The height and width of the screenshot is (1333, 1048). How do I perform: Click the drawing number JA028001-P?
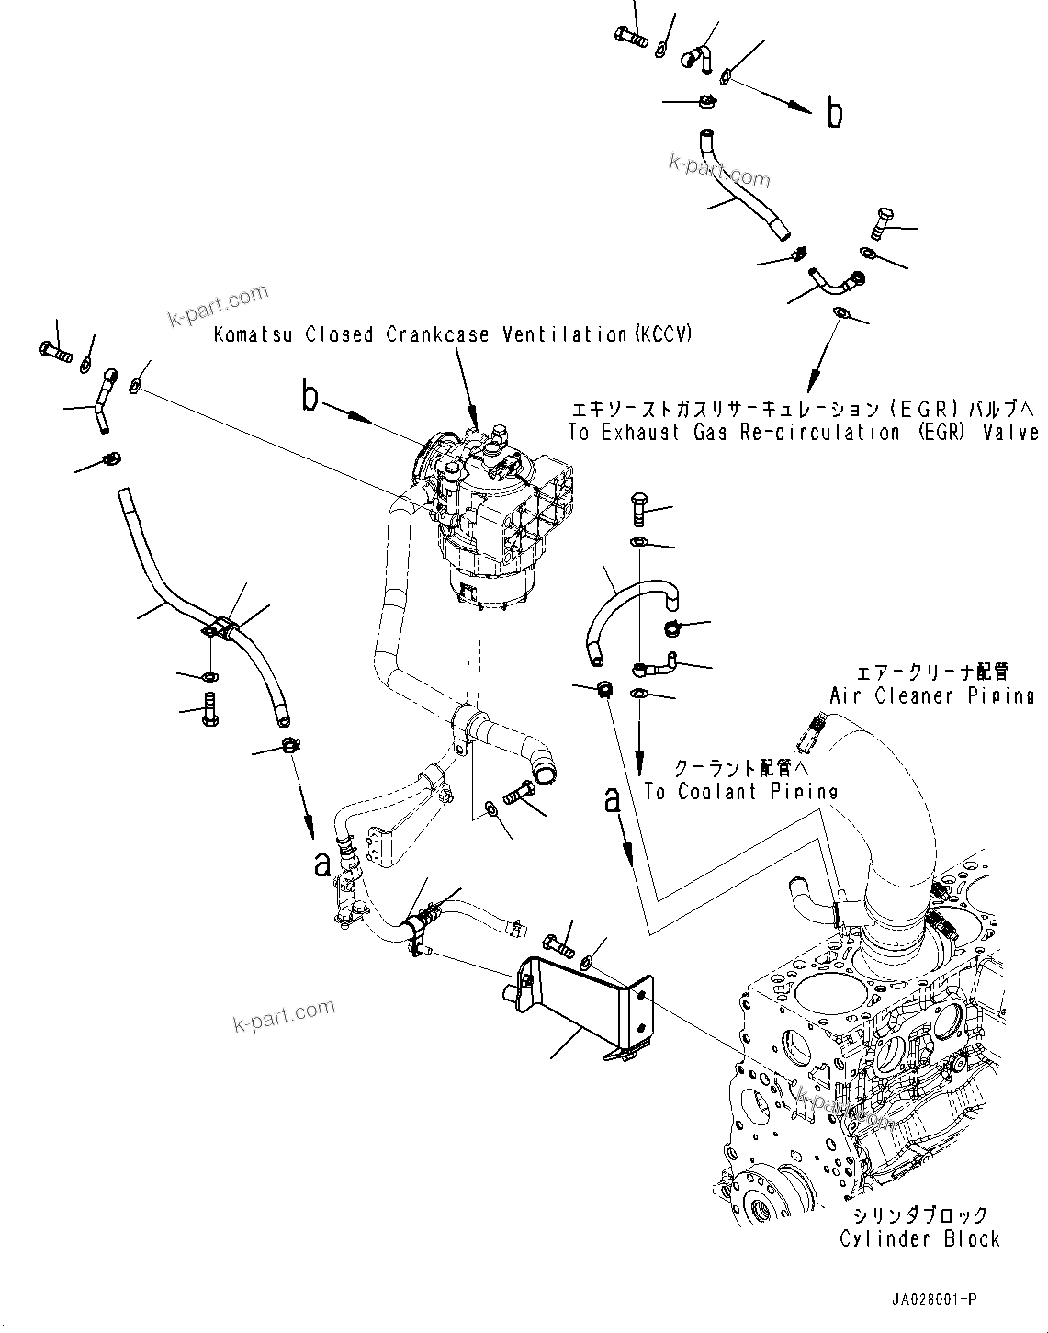(932, 1300)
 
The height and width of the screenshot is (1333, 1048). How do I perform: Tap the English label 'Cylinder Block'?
(919, 1238)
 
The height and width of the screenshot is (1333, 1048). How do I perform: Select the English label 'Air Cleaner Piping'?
(931, 695)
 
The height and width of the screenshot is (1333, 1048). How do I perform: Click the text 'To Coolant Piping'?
(740, 792)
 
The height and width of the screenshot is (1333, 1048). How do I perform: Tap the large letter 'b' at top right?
(834, 114)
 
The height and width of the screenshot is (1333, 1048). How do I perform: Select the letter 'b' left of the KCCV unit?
(311, 399)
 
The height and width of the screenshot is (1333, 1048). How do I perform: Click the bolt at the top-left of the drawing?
(55, 350)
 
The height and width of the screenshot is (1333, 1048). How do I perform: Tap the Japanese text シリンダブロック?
(919, 1214)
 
